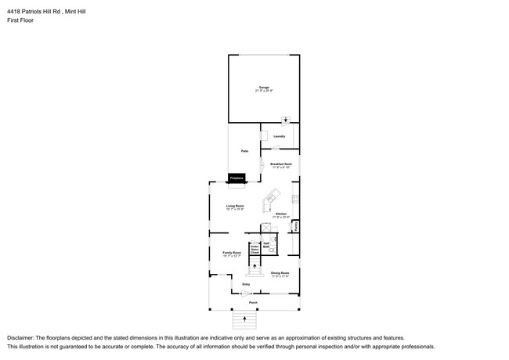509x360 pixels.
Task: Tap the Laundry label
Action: pos(279,135)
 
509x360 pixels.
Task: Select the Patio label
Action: pos(243,151)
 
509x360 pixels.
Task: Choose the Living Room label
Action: pos(235,207)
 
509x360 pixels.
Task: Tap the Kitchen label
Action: pos(281,214)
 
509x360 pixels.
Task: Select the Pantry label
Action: pos(296,226)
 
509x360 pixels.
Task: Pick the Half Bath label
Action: pos(266,245)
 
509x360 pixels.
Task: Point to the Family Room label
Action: pos(232,254)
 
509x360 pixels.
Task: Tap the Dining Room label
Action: pos(280,274)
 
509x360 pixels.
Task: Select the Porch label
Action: pos(253,302)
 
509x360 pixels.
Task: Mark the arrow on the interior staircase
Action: pos(254,268)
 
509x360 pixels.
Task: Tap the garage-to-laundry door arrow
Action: pos(286,121)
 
